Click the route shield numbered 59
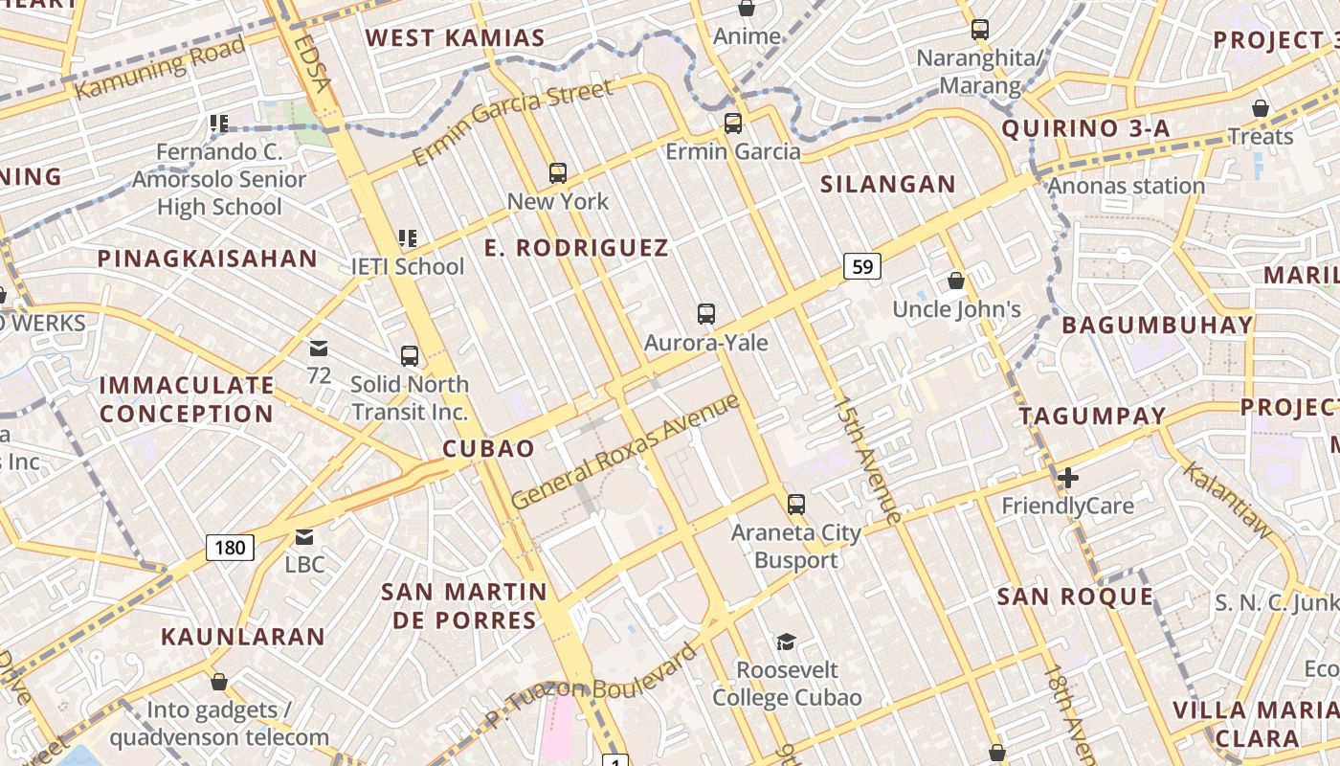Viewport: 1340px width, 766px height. tap(862, 266)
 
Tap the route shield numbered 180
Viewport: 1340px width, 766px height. tap(230, 548)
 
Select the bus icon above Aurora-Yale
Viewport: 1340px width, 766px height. tap(706, 314)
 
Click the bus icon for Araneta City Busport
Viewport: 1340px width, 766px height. tap(795, 504)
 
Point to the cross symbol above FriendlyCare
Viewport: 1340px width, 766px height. tap(1068, 477)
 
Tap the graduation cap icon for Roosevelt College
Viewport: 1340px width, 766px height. tap(786, 642)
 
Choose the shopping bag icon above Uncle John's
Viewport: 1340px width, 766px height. tap(955, 281)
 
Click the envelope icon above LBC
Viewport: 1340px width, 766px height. tap(304, 536)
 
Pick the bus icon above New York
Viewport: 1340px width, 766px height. tap(558, 173)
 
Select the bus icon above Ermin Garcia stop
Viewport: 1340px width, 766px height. tap(733, 124)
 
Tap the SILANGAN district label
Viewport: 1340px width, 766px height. tap(888, 185)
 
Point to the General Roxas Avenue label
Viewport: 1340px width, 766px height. tap(626, 450)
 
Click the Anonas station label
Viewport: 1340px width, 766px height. tap(1127, 186)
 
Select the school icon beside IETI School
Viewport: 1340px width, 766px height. tap(408, 238)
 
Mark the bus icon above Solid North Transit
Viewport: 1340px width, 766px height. tap(410, 356)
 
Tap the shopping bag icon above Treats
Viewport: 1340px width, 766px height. tap(1261, 108)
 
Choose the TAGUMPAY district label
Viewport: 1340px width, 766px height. tap(1092, 417)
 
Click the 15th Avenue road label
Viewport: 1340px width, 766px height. tap(866, 460)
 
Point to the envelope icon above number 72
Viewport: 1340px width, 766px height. tap(319, 348)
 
